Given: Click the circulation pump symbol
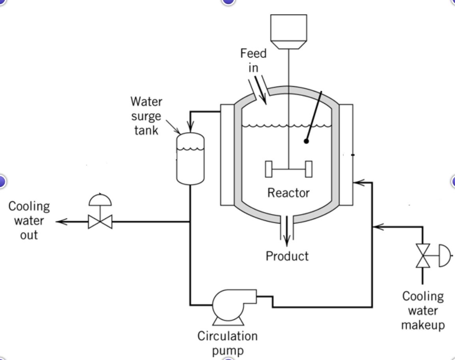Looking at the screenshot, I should [x=228, y=306].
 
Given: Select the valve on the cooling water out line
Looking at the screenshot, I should [x=100, y=222].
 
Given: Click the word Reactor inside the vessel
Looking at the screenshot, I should [x=288, y=193].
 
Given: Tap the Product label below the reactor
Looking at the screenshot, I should [x=287, y=256].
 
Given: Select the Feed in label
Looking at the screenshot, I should [x=253, y=60].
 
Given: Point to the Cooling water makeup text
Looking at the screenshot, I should [x=423, y=311].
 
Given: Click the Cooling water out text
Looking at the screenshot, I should [x=29, y=220].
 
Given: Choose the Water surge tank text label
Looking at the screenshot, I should [x=146, y=116].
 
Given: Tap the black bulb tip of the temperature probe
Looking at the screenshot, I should [x=306, y=141].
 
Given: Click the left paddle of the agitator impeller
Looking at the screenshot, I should [x=269, y=169].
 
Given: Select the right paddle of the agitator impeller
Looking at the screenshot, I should [x=309, y=169].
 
